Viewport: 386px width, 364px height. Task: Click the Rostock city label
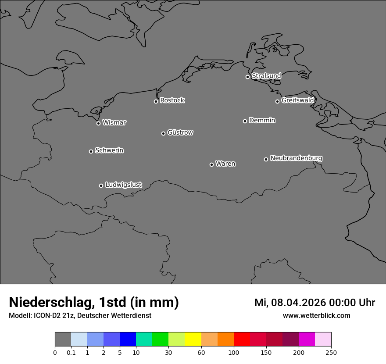pos(172,100)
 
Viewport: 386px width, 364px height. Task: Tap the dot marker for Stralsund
pos(247,77)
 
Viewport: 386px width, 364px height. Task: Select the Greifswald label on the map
pos(297,100)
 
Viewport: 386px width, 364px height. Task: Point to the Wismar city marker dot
pos(98,123)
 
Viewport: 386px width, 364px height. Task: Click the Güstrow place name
pos(180,132)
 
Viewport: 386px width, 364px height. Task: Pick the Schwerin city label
pos(109,150)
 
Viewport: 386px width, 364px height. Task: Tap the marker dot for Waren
pos(211,164)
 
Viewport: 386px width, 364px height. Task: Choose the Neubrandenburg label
pos(296,158)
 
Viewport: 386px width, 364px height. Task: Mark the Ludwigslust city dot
pos(101,186)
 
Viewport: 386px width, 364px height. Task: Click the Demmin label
pos(262,120)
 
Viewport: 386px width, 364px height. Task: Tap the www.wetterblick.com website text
pos(316,316)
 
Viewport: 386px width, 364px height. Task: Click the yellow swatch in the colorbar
pos(193,339)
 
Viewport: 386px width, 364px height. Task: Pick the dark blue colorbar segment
pos(128,339)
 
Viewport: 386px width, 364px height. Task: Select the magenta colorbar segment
pos(307,339)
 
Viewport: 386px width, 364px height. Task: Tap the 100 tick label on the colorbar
pos(234,353)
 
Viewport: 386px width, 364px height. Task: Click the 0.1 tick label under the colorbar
pos(71,353)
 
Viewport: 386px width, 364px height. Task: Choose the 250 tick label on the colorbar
pos(331,353)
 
